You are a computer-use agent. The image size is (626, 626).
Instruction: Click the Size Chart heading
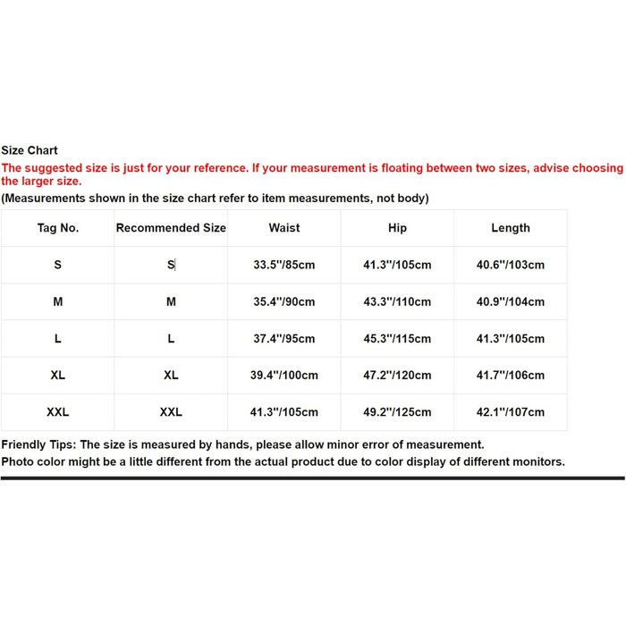click(30, 150)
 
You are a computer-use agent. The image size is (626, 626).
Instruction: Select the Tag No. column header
click(58, 228)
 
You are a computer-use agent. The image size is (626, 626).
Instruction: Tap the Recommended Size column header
click(171, 228)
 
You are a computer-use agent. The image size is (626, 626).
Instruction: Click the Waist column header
click(284, 228)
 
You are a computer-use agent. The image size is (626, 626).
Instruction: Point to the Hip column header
click(398, 228)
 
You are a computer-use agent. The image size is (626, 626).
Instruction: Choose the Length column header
click(511, 228)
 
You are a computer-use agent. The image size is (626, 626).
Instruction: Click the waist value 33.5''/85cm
click(284, 265)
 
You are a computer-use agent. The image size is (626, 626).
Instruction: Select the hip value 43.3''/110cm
click(398, 302)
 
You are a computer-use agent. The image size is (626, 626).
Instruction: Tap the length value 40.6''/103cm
click(511, 265)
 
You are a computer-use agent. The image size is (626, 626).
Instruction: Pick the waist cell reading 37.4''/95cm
click(284, 339)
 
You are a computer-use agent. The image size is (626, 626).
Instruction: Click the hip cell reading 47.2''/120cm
click(398, 376)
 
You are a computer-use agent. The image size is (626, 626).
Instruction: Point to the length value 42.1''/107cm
click(511, 412)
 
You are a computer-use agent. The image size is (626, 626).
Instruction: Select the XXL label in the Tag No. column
click(58, 412)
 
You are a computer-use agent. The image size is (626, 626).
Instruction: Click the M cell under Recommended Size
click(171, 302)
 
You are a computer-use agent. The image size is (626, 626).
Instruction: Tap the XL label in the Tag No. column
click(58, 376)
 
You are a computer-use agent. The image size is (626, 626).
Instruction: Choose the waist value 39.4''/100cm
click(284, 376)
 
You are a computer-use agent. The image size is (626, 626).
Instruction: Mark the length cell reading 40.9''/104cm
click(511, 302)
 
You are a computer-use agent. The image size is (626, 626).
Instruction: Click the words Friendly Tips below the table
click(38, 444)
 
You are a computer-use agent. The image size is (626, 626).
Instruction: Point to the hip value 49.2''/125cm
click(398, 412)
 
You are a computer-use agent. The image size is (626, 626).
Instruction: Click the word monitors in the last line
click(537, 461)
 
